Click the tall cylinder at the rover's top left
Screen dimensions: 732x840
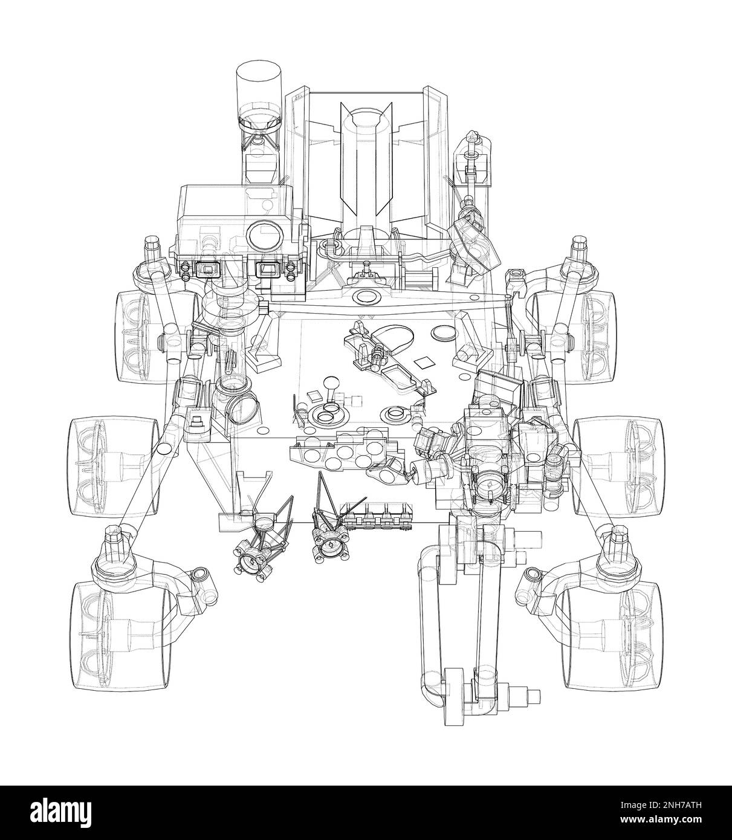click(x=259, y=89)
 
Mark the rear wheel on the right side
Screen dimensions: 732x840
click(x=575, y=337)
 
